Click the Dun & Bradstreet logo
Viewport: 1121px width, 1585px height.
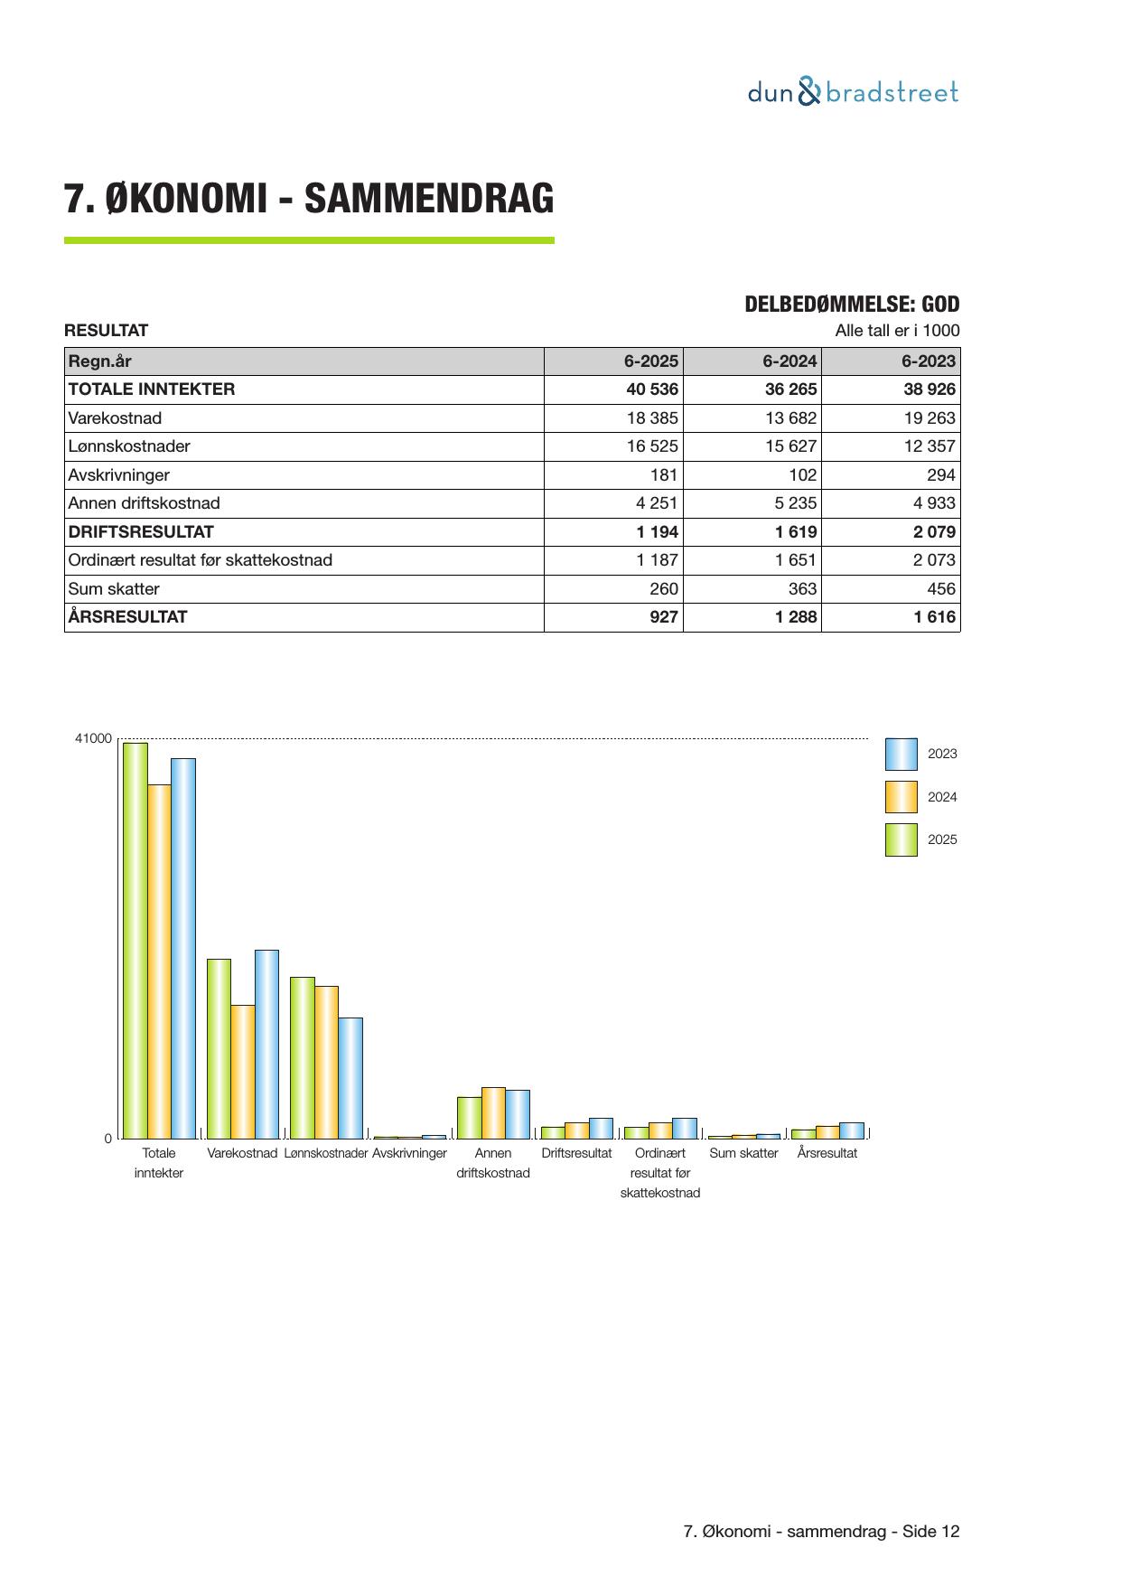(x=853, y=92)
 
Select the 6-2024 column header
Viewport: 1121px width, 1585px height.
(x=789, y=361)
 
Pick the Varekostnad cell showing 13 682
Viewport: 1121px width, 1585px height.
(x=789, y=418)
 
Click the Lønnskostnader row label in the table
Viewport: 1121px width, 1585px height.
(x=129, y=446)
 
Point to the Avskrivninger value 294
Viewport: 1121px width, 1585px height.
(x=941, y=475)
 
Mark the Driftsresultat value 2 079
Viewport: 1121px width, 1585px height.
(x=934, y=532)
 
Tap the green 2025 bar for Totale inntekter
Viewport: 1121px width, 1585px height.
(x=135, y=940)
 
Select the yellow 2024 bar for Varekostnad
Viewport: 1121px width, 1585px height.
(x=242, y=1071)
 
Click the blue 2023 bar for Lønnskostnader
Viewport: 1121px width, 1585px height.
(x=350, y=1077)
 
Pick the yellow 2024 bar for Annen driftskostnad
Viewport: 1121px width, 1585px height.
(x=493, y=1112)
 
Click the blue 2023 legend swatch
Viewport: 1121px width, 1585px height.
(x=901, y=754)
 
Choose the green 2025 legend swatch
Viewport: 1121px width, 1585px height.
(x=901, y=839)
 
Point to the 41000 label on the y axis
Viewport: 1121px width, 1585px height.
(x=93, y=739)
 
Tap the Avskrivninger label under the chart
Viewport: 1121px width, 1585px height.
(x=409, y=1153)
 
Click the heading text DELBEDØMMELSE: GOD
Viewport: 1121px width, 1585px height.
(x=851, y=305)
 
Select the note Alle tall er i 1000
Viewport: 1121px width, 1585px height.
(x=896, y=331)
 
